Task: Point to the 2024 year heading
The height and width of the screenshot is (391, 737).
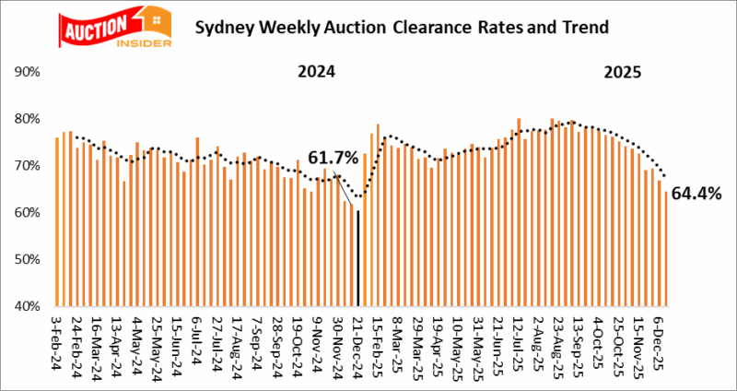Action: tap(316, 72)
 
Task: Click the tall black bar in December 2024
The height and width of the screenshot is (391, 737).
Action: tap(357, 258)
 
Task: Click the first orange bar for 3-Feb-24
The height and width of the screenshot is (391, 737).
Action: tap(57, 221)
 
